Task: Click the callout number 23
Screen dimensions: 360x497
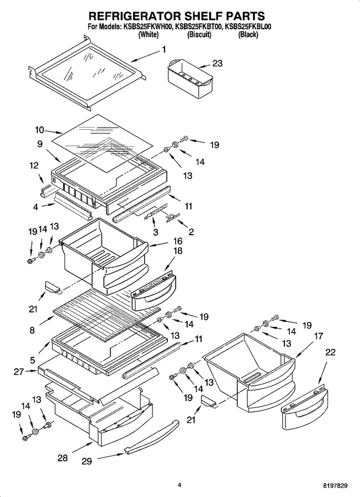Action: (217, 63)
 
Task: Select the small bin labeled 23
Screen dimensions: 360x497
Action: (189, 77)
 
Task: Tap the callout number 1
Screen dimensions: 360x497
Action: (164, 50)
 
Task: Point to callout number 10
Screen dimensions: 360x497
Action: (40, 130)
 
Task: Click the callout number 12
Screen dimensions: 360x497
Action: (34, 165)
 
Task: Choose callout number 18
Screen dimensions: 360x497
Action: (178, 251)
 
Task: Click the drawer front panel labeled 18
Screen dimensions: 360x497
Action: (153, 292)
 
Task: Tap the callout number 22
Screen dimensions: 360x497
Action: (330, 352)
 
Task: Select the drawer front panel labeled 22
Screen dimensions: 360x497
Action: (305, 408)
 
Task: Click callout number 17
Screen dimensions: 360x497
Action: (319, 336)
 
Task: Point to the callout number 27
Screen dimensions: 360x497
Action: (19, 371)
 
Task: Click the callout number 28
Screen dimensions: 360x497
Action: (62, 458)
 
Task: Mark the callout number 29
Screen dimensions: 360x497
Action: (87, 461)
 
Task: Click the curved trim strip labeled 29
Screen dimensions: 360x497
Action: (151, 437)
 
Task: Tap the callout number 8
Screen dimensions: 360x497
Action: (32, 330)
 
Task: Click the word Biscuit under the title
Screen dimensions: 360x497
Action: (199, 35)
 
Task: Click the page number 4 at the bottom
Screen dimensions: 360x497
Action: (179, 485)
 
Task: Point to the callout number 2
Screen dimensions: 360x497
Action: (191, 232)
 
